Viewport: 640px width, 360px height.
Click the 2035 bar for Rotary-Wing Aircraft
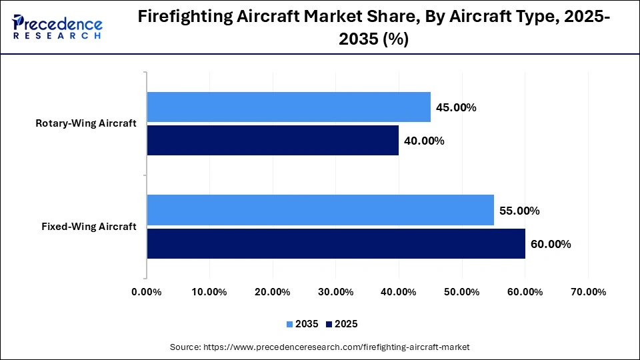coord(289,107)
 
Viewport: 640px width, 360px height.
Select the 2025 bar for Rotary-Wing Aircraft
coord(273,141)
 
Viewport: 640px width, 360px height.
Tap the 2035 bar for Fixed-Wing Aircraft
coord(320,210)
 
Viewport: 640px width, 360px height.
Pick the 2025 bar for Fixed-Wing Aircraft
coord(336,244)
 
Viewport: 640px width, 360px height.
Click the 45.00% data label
coord(456,107)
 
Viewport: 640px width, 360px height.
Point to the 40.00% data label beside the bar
coord(424,141)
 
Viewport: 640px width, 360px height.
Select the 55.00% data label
coord(519,211)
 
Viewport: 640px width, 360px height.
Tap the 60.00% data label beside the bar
coord(551,244)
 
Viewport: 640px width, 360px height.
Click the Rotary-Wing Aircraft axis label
coord(86,123)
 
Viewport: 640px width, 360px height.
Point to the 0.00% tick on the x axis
coord(147,292)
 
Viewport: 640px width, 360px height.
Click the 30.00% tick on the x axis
coord(336,292)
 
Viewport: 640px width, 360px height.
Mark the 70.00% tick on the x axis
coord(588,292)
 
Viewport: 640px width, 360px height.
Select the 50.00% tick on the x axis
coord(462,292)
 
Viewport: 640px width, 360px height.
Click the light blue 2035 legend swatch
coord(290,324)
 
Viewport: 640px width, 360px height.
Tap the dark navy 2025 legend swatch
coord(329,324)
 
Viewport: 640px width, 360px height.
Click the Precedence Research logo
coord(57,27)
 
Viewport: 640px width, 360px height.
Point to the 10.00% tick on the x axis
coord(210,292)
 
